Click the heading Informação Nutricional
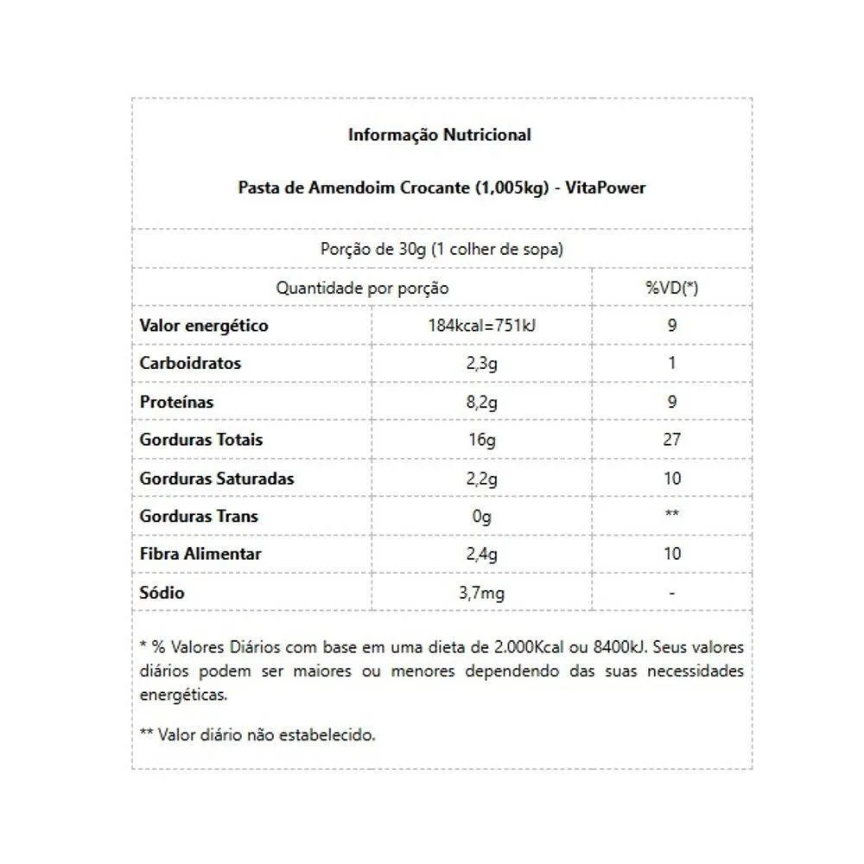440,135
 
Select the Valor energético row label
204,326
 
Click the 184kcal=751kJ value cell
481,326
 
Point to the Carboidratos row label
190,363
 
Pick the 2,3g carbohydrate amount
481,364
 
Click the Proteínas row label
176,402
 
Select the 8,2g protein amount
481,402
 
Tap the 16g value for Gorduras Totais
481,440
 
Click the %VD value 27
672,440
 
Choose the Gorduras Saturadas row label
217,478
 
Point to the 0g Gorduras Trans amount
481,517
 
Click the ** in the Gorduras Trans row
672,516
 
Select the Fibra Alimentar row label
200,554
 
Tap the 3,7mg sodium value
481,593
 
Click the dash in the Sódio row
672,593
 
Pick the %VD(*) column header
672,288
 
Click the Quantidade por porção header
362,288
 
